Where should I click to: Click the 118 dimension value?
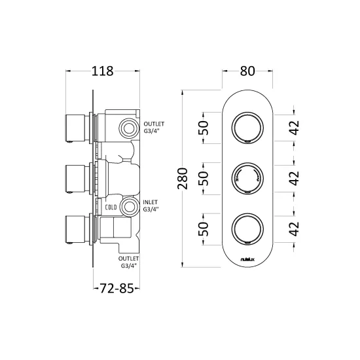(102, 71)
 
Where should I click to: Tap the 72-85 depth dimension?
(117, 289)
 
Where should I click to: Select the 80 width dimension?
(247, 71)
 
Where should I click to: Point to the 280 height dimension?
(183, 179)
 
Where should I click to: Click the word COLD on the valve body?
(111, 207)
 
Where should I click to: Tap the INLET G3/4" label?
(151, 206)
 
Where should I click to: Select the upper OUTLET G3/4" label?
(154, 128)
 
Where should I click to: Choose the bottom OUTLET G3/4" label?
(128, 262)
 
